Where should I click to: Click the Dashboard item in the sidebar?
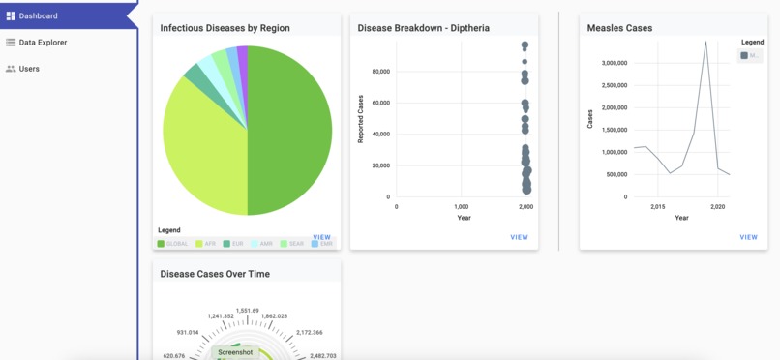point(38,16)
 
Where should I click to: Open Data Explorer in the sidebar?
point(43,43)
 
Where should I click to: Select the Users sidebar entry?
point(29,69)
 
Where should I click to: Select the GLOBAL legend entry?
point(173,244)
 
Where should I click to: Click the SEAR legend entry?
point(291,244)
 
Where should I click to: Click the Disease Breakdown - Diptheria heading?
point(423,28)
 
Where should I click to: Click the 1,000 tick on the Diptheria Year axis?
point(461,207)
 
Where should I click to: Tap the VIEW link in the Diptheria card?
point(519,237)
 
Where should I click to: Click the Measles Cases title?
point(619,28)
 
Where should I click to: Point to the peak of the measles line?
point(705,42)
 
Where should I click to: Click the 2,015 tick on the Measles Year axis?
point(657,207)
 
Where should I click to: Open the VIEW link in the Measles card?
point(748,237)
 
